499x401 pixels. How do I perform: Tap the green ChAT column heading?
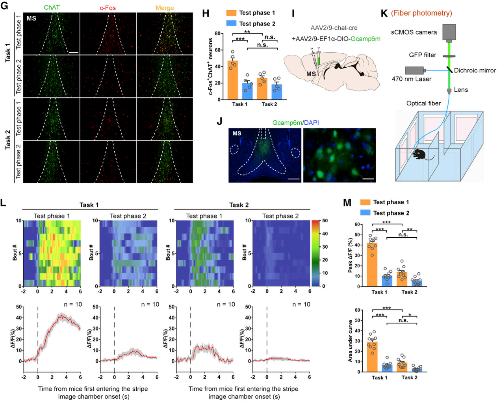51,7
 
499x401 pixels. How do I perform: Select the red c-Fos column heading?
108,7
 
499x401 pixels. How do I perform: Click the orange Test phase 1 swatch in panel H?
231,13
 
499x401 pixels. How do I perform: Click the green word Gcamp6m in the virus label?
365,39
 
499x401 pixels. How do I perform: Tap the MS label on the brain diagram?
311,74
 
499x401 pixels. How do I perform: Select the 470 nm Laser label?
411,79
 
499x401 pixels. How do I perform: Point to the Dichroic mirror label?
475,70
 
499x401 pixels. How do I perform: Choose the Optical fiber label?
423,103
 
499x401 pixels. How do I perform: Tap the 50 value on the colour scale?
325,221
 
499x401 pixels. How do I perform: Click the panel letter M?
347,203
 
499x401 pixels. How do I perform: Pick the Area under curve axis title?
350,341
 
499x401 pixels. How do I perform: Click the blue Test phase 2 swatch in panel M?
365,213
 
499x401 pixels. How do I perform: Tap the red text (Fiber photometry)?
421,13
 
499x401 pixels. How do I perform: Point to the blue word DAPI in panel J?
311,123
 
